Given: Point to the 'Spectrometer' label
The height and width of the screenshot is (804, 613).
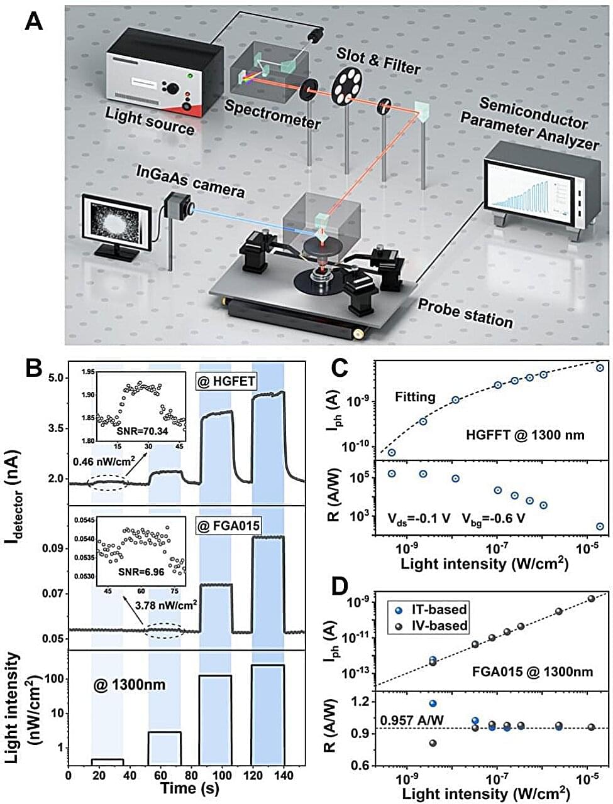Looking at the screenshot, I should pyautogui.click(x=272, y=114).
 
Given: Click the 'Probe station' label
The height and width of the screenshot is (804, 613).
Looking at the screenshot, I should pyautogui.click(x=466, y=312).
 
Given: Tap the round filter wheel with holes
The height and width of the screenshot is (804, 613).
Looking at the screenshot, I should pyautogui.click(x=345, y=86).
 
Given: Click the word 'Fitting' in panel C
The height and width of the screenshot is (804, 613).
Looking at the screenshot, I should pyautogui.click(x=415, y=397).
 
